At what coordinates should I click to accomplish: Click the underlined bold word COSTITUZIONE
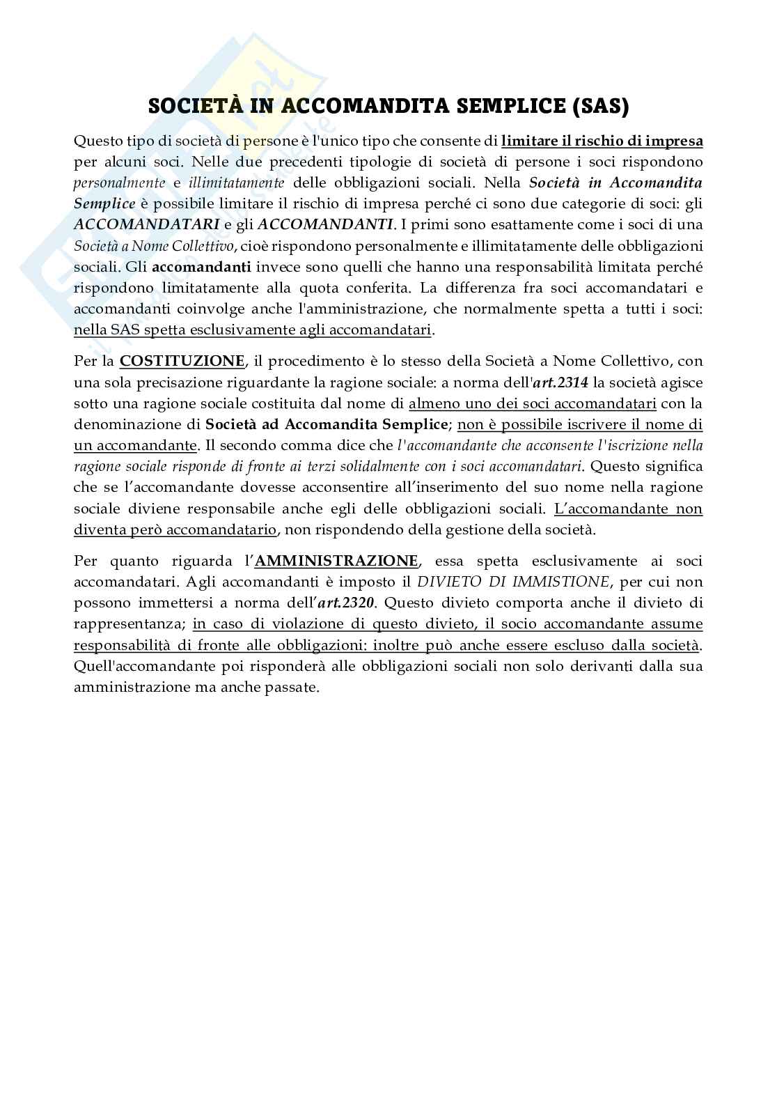[182, 362]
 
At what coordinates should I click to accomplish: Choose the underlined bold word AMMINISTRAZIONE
[337, 561]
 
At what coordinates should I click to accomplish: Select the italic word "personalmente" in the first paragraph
[120, 183]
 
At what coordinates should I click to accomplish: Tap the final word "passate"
[297, 687]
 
